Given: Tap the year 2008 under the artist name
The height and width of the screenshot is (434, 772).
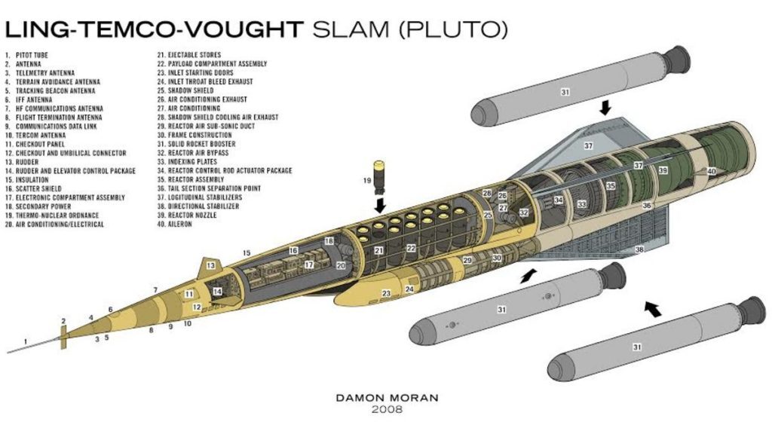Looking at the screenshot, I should (x=386, y=410).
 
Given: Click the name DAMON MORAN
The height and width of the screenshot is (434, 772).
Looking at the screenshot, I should (x=386, y=396).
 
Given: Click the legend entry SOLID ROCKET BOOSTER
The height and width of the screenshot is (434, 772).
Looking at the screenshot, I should (x=199, y=144).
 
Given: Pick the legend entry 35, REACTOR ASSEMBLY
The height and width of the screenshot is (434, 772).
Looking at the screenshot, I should (x=193, y=179).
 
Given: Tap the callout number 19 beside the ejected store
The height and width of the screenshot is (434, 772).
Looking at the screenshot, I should (x=367, y=181).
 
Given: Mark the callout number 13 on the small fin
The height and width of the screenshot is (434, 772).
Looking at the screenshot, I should (x=211, y=265).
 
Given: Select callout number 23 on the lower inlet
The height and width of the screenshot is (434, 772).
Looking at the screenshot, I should (x=387, y=294).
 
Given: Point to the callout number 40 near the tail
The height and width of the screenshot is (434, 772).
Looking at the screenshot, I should (x=712, y=171).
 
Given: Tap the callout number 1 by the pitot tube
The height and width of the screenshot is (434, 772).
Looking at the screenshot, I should (x=26, y=341).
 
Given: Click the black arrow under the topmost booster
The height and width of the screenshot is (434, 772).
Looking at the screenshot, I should (x=604, y=109).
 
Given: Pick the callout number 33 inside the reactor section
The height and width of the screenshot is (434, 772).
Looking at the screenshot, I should (x=581, y=204).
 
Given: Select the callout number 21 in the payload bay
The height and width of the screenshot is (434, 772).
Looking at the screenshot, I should (x=380, y=250).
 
